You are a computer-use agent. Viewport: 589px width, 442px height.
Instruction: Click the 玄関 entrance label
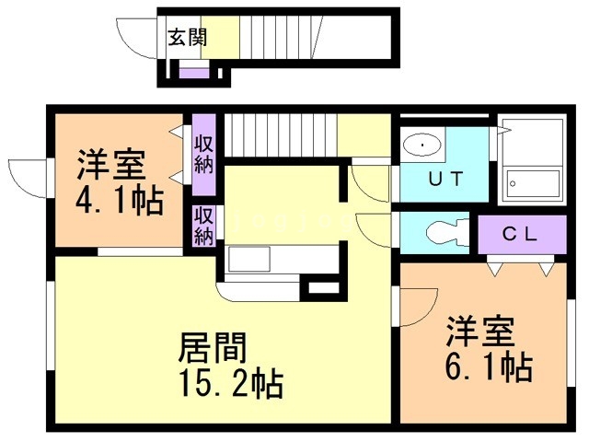(x=187, y=38)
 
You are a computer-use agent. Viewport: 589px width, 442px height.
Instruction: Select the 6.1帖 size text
(x=489, y=367)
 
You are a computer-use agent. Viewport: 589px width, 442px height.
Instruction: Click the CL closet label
(x=519, y=234)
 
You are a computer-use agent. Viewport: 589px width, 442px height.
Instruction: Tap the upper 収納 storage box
(x=203, y=153)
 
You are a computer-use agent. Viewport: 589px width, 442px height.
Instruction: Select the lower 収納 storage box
(x=203, y=226)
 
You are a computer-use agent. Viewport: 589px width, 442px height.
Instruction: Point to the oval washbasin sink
(x=422, y=144)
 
